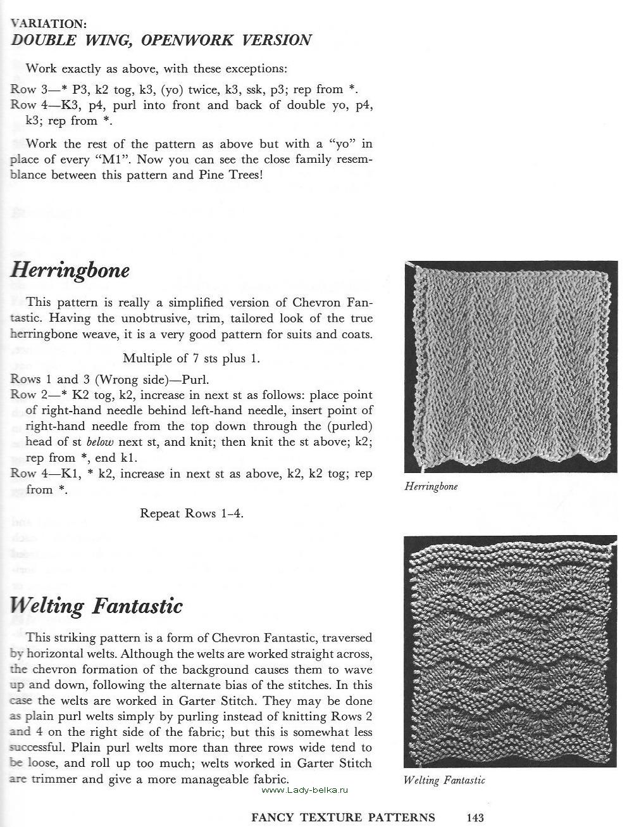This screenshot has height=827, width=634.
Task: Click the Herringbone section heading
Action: (70, 271)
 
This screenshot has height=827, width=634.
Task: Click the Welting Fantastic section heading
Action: (96, 606)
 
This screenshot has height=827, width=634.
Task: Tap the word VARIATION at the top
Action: (49, 24)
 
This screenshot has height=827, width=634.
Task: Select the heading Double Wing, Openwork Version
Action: (161, 41)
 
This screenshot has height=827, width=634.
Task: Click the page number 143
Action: (475, 817)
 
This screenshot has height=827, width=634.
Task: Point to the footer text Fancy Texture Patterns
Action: (343, 817)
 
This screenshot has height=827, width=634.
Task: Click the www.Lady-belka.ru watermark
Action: (305, 790)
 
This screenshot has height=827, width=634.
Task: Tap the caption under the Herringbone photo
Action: (431, 486)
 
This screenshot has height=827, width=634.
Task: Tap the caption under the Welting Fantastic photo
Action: (444, 780)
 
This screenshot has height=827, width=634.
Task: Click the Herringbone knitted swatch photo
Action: (511, 367)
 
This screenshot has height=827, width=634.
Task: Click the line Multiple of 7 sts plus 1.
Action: (191, 358)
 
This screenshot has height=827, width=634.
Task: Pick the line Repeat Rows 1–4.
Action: (192, 514)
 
